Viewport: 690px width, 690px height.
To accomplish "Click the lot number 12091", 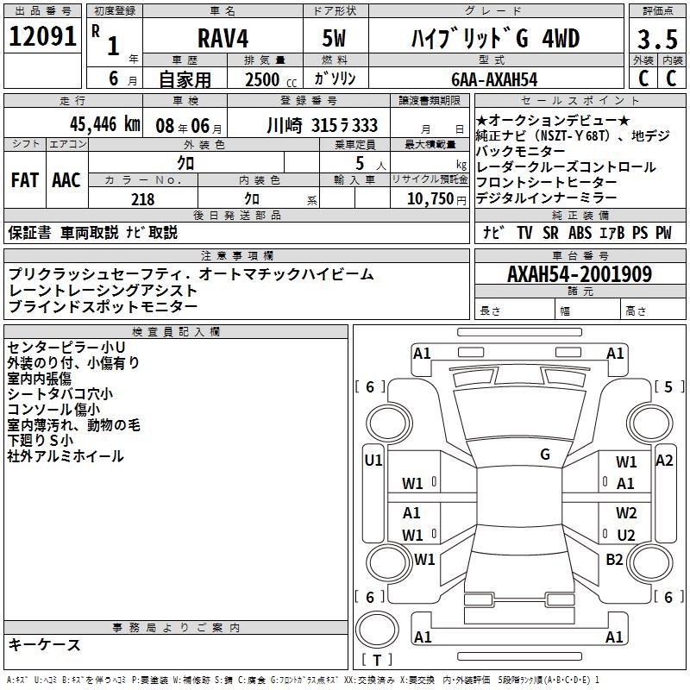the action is tap(42, 36).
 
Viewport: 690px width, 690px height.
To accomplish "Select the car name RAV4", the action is tap(223, 38).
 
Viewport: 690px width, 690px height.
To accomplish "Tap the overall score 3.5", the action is tap(657, 39).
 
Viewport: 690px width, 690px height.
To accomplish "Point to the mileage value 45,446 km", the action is tap(105, 124).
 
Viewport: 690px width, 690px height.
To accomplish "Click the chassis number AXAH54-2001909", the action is tap(580, 274).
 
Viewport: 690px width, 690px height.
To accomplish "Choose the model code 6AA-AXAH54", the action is tap(494, 79).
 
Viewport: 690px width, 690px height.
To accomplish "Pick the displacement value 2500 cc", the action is tap(271, 79).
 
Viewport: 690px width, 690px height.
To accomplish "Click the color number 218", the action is tap(143, 199).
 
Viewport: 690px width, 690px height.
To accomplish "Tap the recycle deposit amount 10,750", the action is tap(430, 199).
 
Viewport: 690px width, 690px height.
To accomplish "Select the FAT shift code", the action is tap(25, 180).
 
